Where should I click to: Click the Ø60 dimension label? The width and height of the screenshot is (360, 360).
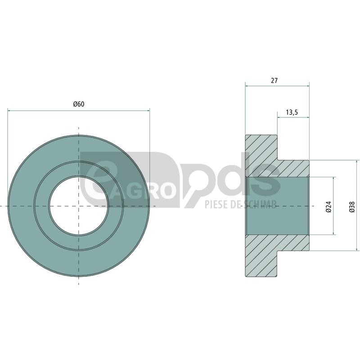tap(79, 104)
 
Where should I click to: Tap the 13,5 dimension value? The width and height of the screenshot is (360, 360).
tap(292, 112)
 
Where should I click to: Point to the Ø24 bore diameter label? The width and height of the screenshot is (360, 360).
tap(328, 206)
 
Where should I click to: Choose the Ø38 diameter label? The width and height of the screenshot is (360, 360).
tap(352, 206)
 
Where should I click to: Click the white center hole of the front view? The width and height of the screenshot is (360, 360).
tap(79, 206)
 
